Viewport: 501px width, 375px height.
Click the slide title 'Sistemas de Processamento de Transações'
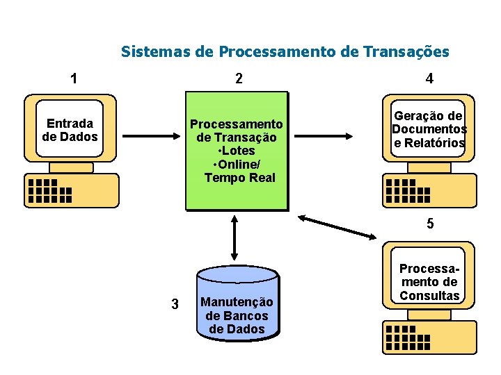click(x=285, y=51)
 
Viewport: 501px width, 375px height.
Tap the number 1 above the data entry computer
click(x=74, y=78)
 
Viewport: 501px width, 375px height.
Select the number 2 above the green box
click(x=239, y=78)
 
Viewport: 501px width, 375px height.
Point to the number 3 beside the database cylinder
click(x=175, y=304)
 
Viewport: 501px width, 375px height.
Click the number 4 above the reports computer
click(x=429, y=78)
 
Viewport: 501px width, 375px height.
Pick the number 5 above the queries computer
click(x=430, y=224)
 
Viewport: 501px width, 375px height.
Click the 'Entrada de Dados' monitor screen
click(x=70, y=130)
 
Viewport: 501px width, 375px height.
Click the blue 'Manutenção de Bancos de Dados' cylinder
click(x=238, y=306)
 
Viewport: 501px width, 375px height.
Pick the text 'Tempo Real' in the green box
click(x=239, y=177)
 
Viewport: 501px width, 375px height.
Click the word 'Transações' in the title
click(x=410, y=51)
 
